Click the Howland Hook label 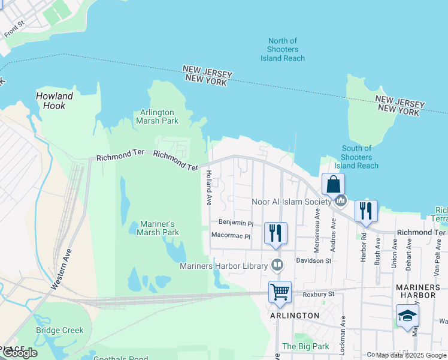click(55, 100)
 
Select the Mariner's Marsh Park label click(159, 228)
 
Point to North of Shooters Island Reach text click(283, 49)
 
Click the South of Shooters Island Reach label click(356, 157)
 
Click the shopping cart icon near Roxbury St click(280, 292)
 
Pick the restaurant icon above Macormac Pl click(276, 233)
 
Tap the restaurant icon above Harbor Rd click(366, 211)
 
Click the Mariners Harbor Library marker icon click(277, 265)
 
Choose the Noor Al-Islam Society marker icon click(340, 201)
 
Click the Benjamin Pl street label click(236, 223)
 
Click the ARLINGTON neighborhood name click(295, 316)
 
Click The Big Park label click(305, 346)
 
